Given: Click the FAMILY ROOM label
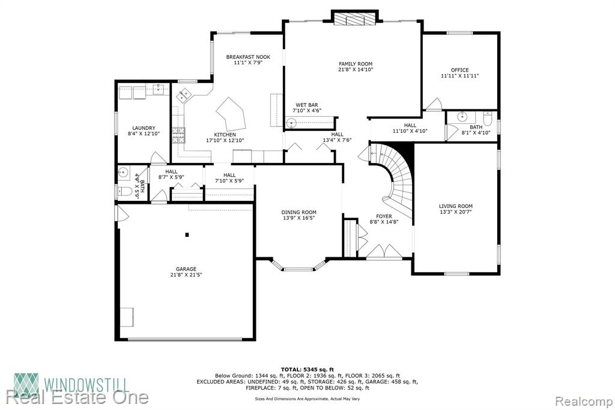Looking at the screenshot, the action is coord(356,64).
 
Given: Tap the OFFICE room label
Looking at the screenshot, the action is coord(459,70).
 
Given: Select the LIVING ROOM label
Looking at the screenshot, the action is coord(456,206).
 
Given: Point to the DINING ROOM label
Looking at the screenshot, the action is coord(299,212).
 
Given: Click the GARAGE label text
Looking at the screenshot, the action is coord(186,269).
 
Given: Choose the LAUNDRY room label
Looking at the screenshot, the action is coord(144,128).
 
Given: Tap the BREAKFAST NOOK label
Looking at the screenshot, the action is coord(248,57).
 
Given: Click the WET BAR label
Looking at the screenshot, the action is coord(307,105).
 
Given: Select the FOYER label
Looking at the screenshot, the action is coord(384,216).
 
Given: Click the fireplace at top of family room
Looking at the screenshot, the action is coord(355,19).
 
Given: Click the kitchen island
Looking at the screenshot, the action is coord(231,114).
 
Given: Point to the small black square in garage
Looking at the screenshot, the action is coord(187,235).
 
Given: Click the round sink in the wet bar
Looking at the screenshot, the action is coord(291,123).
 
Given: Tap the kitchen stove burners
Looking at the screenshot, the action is coord(179,135).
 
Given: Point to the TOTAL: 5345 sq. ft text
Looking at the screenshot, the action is coord(307,369).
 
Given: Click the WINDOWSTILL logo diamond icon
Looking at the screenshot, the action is coord(26,385).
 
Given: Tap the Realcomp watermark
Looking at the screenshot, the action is coord(584,402).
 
